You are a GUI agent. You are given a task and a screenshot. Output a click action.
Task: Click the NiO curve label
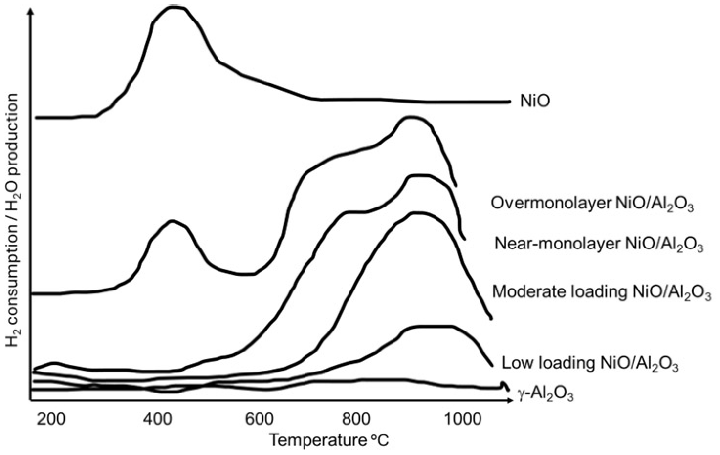tap(535, 101)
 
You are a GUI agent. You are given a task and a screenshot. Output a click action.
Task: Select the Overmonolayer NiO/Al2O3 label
tap(592, 204)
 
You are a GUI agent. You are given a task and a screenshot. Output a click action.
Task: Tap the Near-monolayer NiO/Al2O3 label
tap(599, 244)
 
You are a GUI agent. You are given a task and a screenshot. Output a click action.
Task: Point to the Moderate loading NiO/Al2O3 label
tap(601, 292)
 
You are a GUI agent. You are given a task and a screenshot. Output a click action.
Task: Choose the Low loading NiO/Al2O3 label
tap(590, 364)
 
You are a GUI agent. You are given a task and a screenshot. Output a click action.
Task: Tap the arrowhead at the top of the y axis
tap(32, 12)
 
